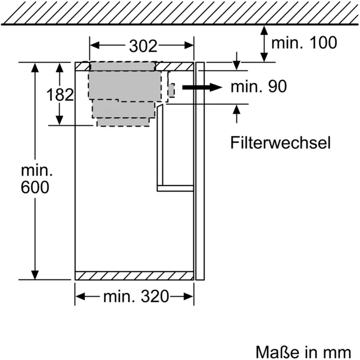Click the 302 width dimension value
142,46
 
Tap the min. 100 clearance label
304,42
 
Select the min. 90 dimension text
258,87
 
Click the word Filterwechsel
280,142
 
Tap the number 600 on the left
35,188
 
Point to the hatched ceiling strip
180,11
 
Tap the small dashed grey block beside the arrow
171,90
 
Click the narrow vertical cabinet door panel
201,170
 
